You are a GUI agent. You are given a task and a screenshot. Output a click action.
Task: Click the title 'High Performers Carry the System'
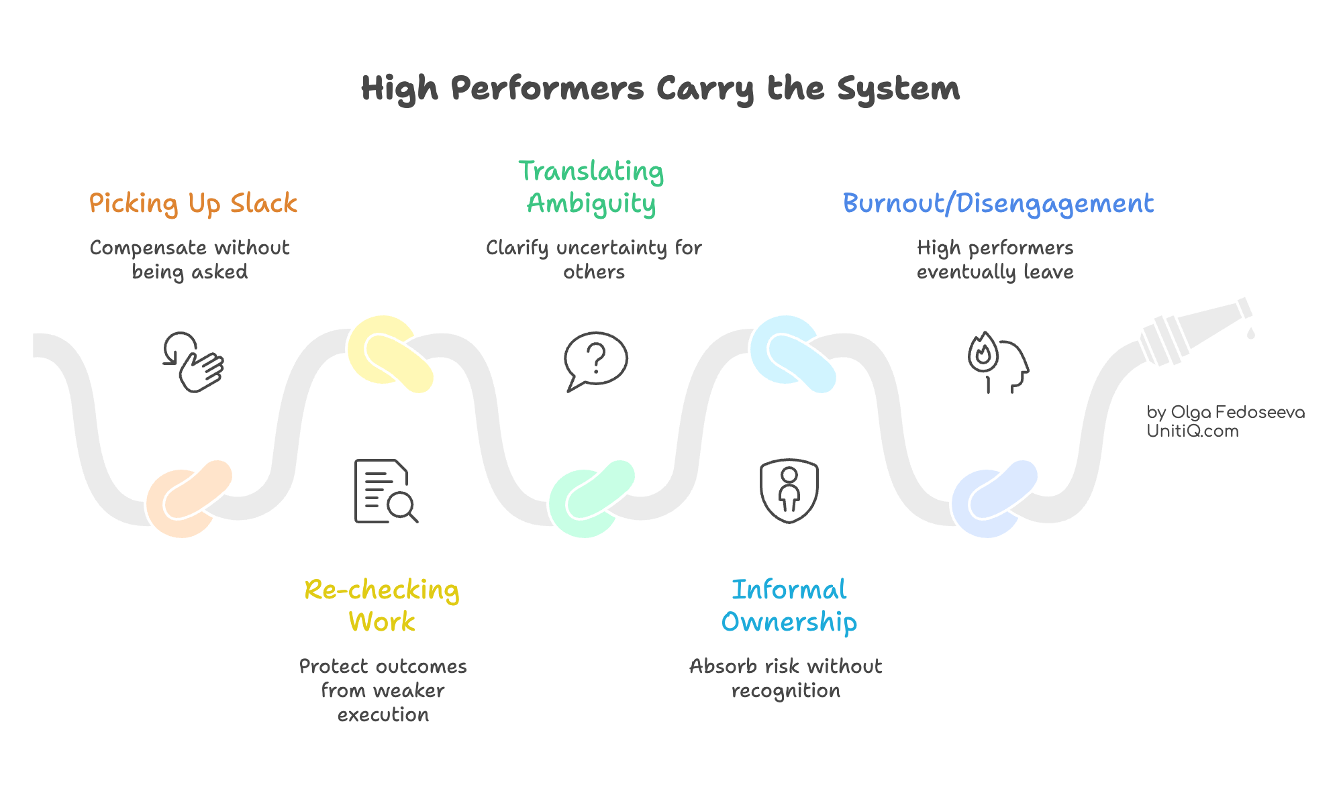click(x=660, y=89)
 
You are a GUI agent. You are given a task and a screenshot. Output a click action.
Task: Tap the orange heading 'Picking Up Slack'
click(x=193, y=203)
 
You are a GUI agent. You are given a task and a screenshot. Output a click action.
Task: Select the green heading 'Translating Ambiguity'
click(x=591, y=187)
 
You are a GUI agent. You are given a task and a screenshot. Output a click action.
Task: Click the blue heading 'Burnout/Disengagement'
click(x=998, y=203)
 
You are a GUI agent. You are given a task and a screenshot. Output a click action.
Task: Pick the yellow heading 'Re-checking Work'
click(x=382, y=605)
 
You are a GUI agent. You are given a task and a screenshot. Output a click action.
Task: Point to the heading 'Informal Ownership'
click(x=789, y=605)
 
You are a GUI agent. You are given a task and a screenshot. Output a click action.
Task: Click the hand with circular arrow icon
click(x=193, y=362)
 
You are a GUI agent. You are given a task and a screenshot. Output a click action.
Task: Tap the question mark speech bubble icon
click(x=595, y=361)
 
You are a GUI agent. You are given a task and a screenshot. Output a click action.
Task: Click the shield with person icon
click(x=789, y=490)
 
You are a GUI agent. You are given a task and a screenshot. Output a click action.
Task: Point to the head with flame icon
click(x=997, y=362)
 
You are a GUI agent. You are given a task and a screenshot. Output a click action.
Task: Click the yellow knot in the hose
click(x=390, y=353)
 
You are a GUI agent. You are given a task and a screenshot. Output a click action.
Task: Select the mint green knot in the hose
click(x=591, y=498)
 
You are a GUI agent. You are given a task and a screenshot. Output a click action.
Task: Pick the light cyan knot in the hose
click(x=793, y=353)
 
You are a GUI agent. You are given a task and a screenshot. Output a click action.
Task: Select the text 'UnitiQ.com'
click(x=1192, y=431)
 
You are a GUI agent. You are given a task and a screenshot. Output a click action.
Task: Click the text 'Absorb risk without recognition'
click(x=785, y=678)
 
